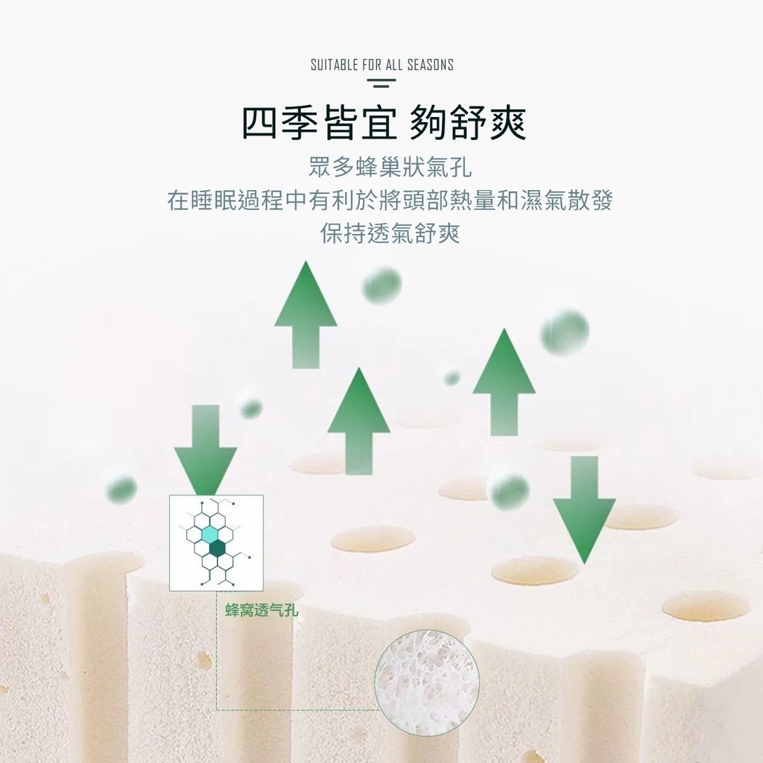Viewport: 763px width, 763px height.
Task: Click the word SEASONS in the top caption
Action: click(430, 65)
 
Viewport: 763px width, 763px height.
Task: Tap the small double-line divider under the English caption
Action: click(381, 83)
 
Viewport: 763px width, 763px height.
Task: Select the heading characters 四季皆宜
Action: click(319, 123)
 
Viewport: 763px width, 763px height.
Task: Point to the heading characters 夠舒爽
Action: click(468, 123)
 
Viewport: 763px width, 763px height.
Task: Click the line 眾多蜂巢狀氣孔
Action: click(390, 168)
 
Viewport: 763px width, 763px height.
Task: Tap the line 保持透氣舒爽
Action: click(390, 233)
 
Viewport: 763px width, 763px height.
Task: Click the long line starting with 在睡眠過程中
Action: click(390, 200)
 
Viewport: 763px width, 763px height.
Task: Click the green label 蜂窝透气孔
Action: click(262, 610)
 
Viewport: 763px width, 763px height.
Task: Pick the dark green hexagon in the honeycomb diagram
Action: click(217, 548)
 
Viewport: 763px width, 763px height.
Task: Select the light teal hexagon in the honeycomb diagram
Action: click(209, 534)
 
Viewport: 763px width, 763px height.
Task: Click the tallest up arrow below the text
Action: click(305, 314)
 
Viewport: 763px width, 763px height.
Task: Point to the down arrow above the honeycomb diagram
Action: click(206, 451)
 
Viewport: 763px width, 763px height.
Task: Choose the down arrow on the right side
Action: click(584, 510)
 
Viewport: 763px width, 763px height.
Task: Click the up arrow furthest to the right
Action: click(504, 382)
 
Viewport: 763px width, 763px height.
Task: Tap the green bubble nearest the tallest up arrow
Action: click(381, 285)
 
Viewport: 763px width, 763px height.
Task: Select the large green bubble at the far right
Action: click(565, 332)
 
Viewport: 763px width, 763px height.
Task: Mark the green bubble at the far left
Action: click(121, 488)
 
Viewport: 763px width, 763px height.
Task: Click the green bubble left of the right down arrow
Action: click(510, 491)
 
